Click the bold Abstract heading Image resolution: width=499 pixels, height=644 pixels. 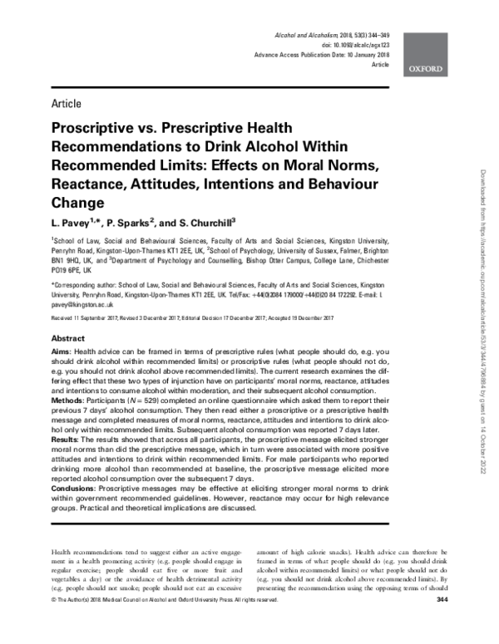67,340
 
